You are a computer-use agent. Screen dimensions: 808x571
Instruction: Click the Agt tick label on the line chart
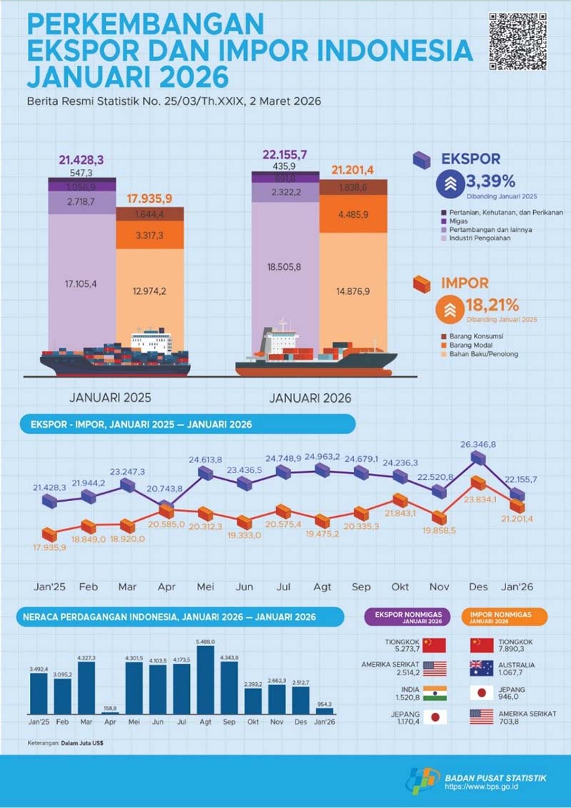point(322,586)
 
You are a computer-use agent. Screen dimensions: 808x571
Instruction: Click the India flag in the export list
point(434,692)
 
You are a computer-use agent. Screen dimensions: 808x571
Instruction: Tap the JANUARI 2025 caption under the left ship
point(110,398)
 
